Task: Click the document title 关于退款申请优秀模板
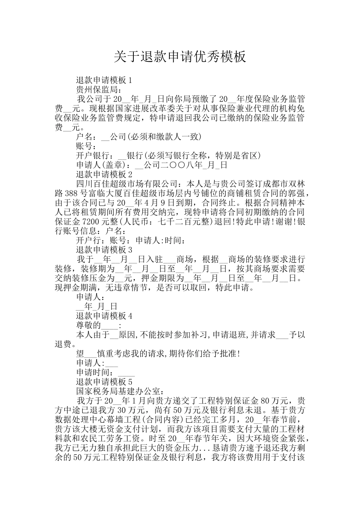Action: point(180,57)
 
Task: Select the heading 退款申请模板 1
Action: point(104,80)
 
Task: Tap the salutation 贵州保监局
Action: point(97,90)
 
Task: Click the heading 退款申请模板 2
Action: point(104,175)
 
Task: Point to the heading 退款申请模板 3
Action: point(104,250)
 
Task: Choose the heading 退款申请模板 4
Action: point(104,316)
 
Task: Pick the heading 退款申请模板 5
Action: point(104,382)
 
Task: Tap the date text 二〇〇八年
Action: point(182,165)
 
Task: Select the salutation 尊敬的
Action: point(89,325)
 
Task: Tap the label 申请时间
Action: point(93,372)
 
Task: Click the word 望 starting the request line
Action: point(80,354)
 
